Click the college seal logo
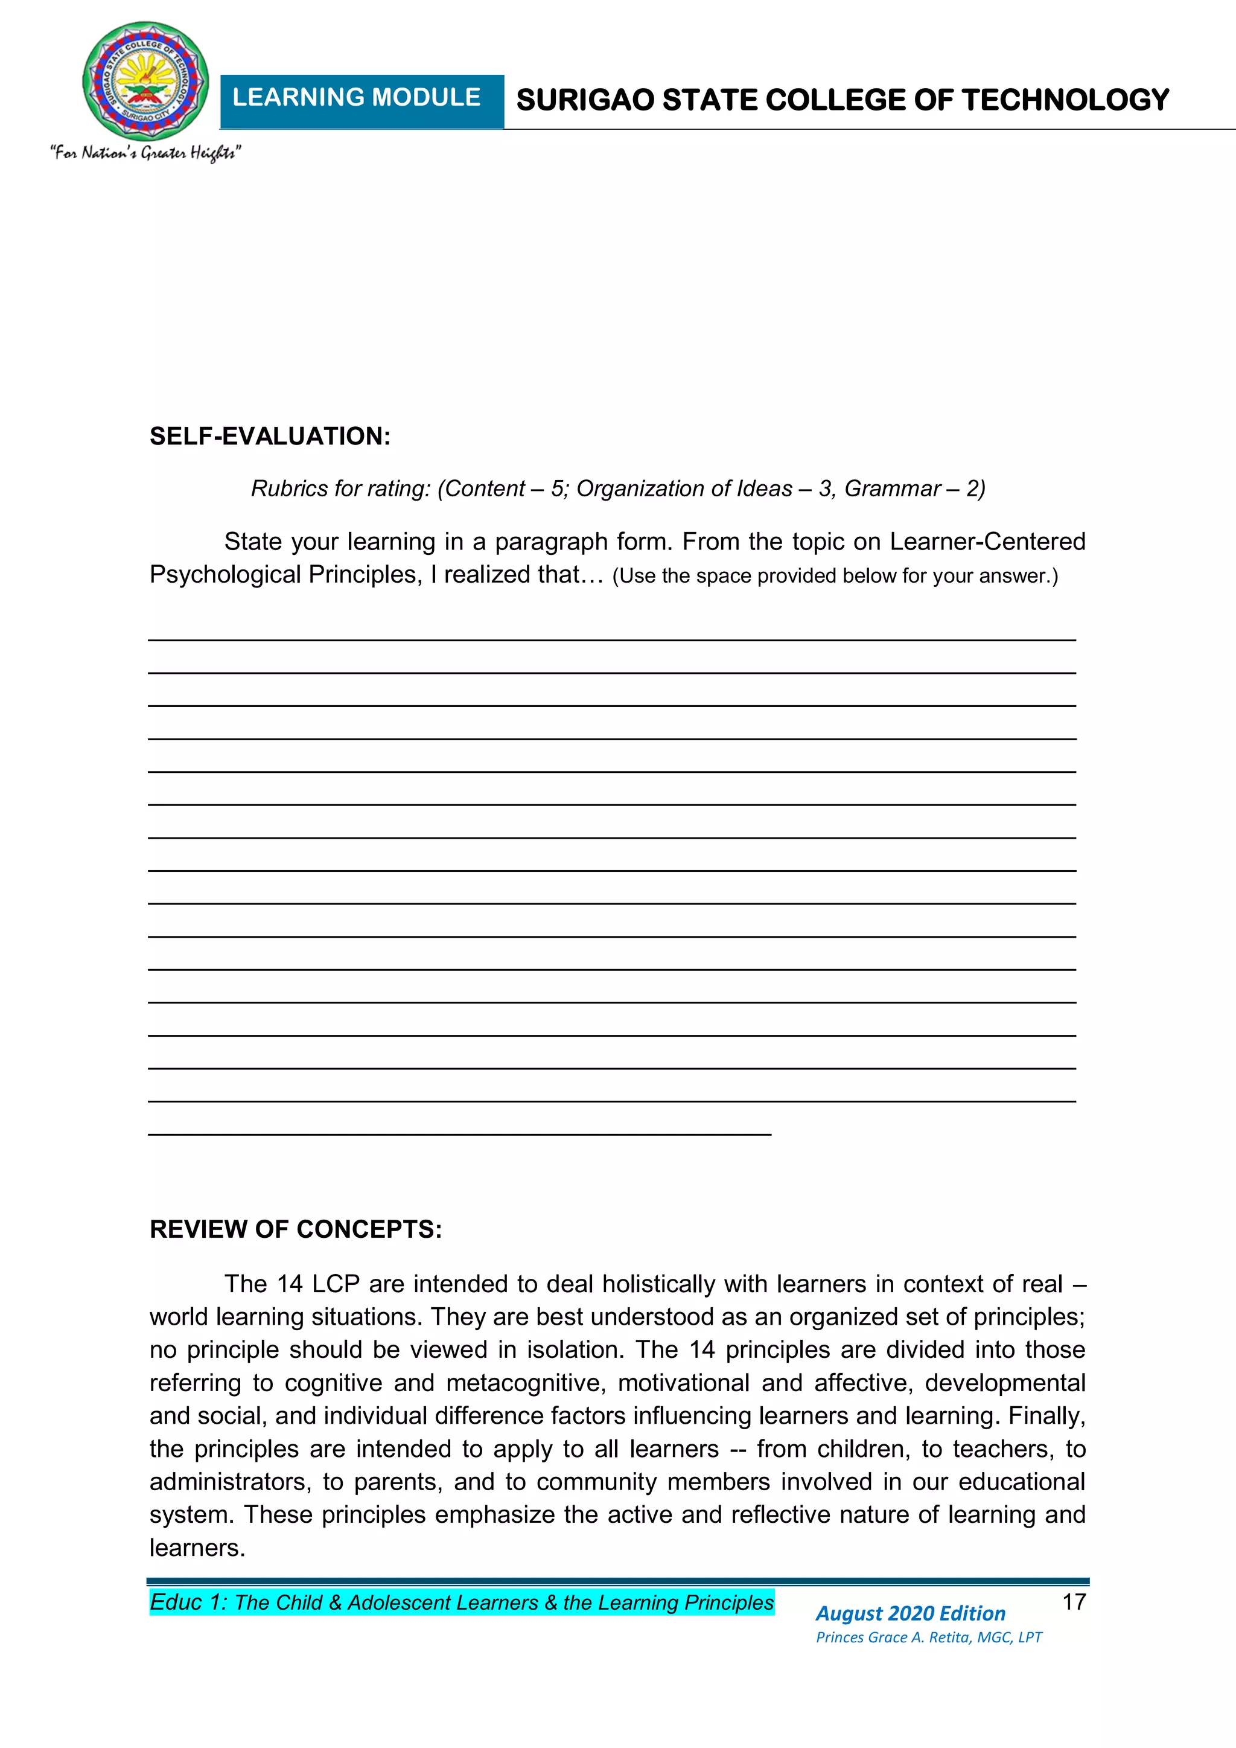coord(145,81)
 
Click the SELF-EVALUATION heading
coord(269,436)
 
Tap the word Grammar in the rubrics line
coord(891,488)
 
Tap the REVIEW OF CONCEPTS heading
coord(295,1229)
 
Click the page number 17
coord(1073,1602)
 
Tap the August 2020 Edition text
coord(909,1613)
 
